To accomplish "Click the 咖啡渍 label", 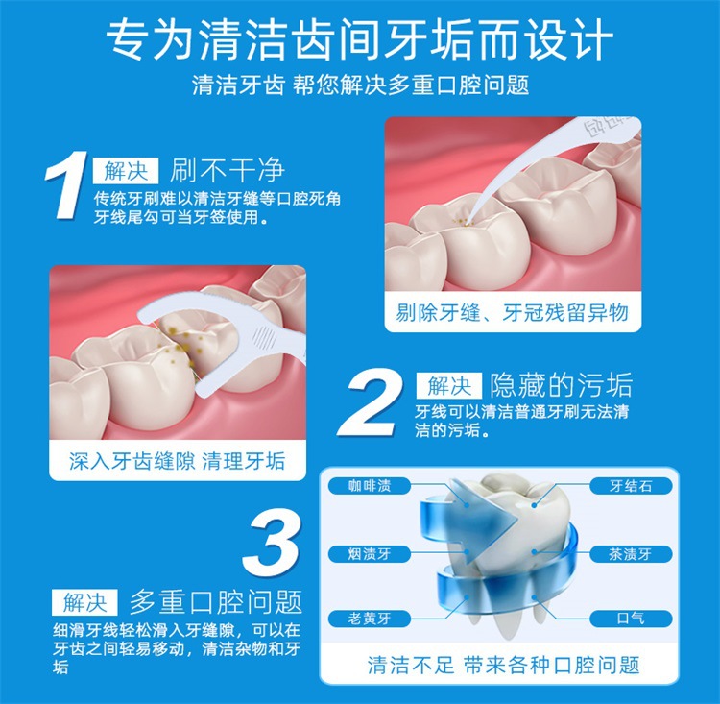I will coord(370,486).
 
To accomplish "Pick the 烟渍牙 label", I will coord(370,553).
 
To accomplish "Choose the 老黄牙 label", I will coord(370,619).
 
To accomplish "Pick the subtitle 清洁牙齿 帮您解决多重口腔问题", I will coord(360,85).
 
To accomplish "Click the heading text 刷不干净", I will coord(228,172).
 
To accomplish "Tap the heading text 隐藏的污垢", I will coord(561,386).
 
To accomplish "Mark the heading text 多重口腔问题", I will coord(216,602).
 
